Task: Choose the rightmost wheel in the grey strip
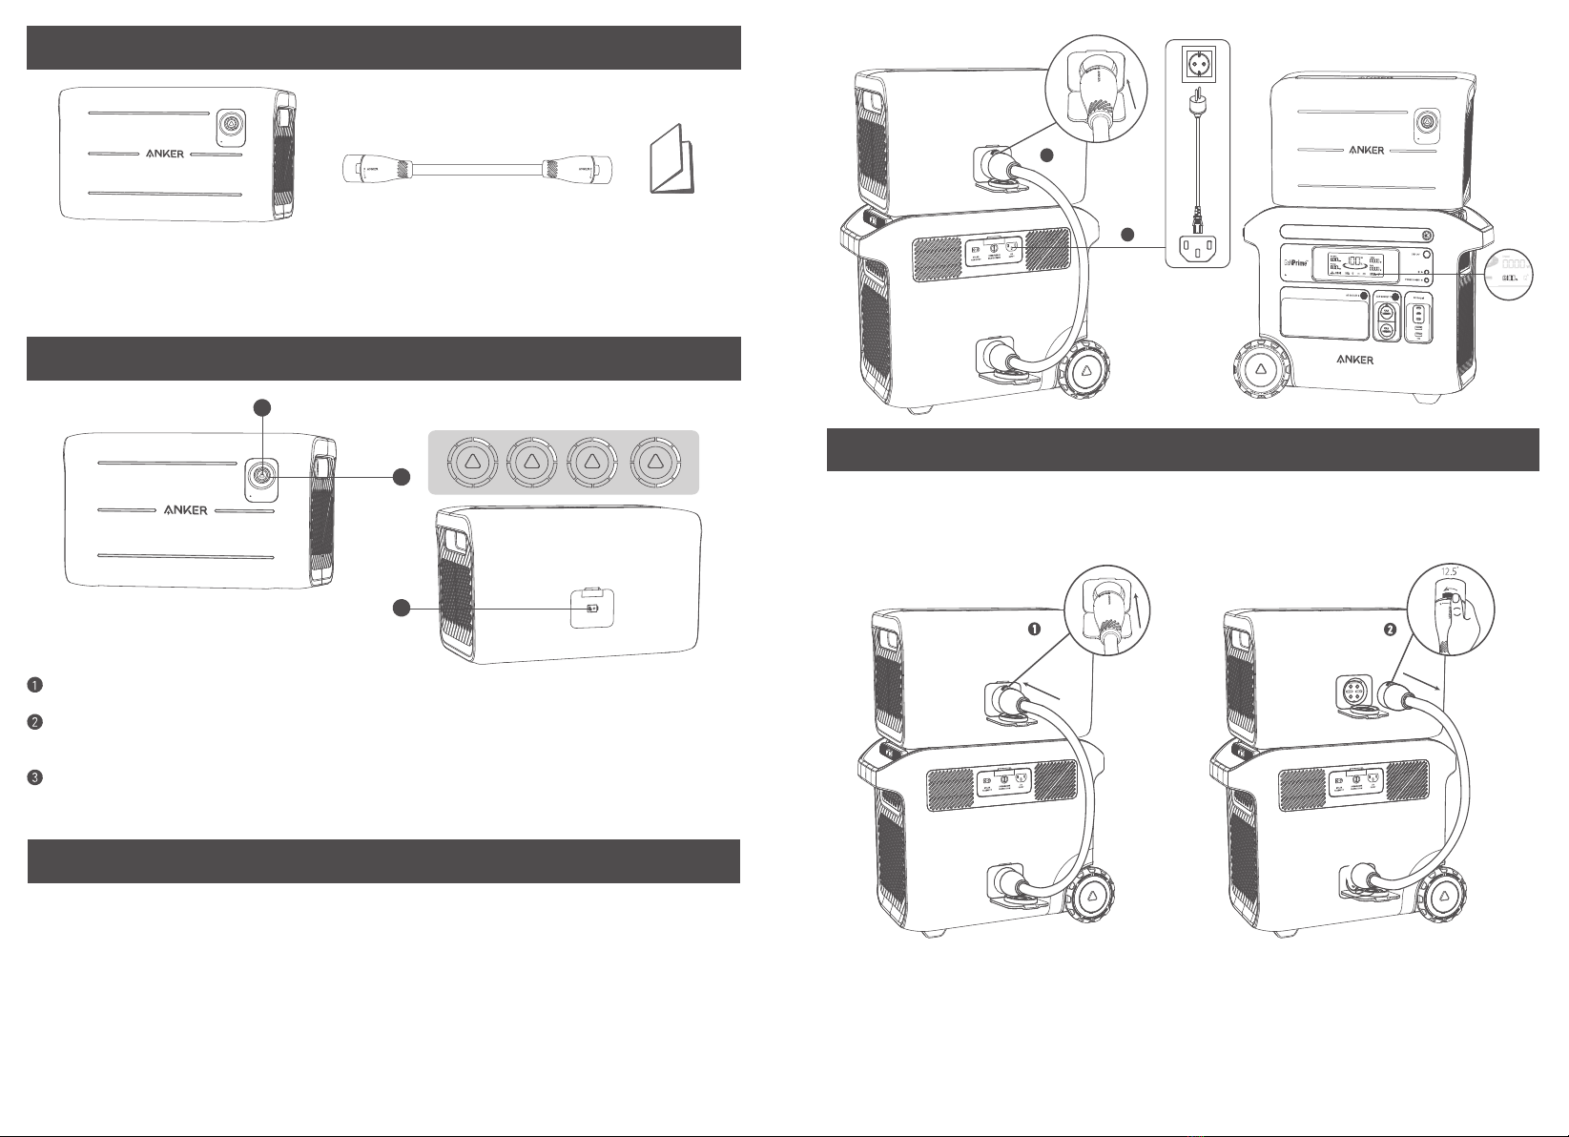point(654,463)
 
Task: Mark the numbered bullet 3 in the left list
point(34,777)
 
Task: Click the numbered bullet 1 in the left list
point(34,686)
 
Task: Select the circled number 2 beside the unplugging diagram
point(1391,630)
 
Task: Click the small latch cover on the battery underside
point(590,607)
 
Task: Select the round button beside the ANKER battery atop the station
point(1426,122)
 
